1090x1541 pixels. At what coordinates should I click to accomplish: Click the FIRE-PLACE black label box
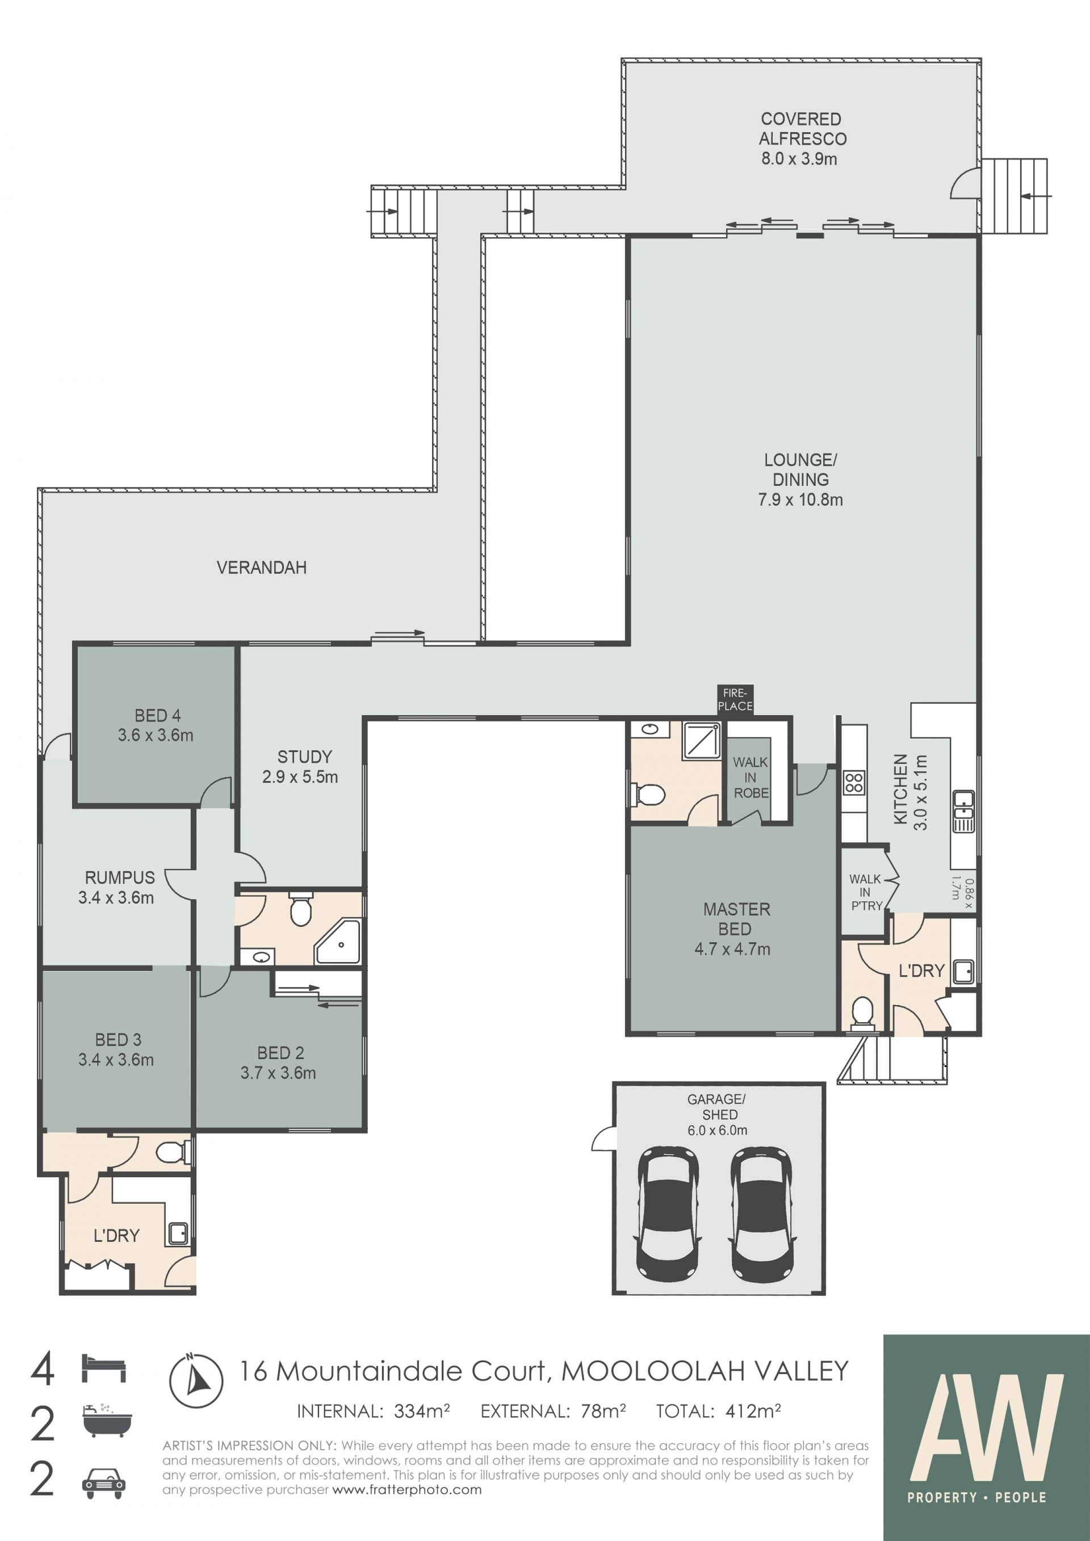735,699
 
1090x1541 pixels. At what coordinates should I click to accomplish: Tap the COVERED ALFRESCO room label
802,129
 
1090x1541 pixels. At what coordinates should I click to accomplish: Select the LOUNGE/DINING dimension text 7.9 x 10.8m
800,499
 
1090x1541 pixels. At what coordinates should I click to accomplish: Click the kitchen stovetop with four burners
854,783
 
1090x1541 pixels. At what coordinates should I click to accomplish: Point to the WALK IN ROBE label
751,777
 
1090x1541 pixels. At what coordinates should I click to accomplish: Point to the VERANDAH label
262,568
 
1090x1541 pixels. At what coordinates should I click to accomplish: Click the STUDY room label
305,757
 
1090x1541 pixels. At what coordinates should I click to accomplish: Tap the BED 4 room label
158,716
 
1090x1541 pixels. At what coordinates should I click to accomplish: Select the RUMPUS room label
119,877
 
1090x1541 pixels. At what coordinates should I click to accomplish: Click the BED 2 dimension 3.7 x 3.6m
279,1073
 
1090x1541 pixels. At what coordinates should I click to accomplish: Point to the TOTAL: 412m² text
718,1412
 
